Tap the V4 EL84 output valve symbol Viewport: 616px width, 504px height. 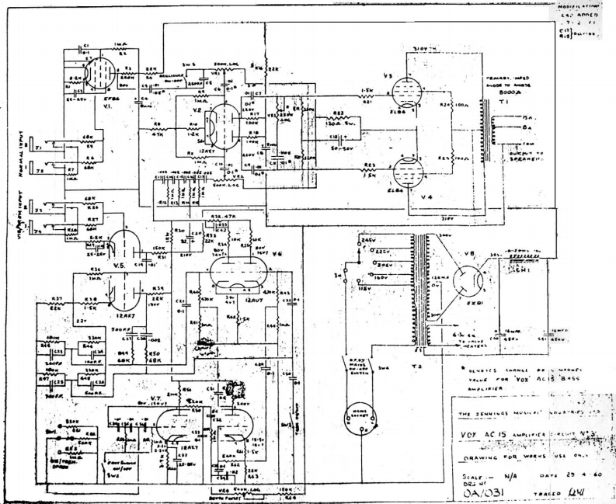pyautogui.click(x=407, y=170)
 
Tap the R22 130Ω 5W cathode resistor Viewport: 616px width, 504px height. pyautogui.click(x=339, y=120)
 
